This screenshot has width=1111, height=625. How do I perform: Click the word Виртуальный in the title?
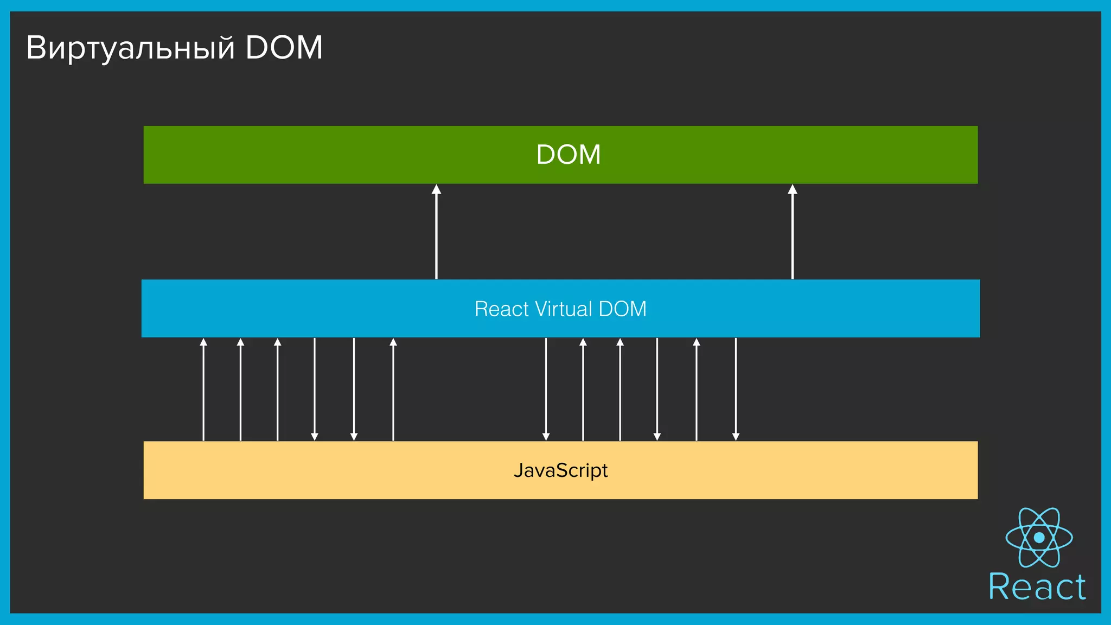tap(130, 48)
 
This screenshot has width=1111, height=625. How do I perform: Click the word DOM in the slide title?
tap(284, 48)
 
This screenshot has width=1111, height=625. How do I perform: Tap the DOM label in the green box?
tap(568, 155)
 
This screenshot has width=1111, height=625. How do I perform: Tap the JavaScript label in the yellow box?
tap(560, 470)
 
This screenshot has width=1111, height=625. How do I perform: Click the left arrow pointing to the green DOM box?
tap(436, 233)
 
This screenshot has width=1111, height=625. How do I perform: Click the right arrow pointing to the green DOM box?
tap(792, 233)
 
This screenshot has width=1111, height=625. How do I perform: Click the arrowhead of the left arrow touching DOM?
tap(436, 189)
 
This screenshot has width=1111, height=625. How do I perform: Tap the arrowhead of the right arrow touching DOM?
tap(792, 189)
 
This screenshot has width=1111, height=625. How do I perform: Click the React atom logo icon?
tap(1039, 538)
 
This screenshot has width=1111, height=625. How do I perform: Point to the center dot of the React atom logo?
tap(1039, 538)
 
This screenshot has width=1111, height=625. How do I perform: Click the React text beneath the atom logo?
tap(1037, 587)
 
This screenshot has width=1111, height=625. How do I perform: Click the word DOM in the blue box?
tap(622, 309)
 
